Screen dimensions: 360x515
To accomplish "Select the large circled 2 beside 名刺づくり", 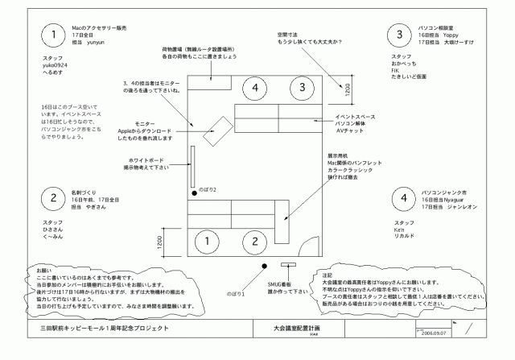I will (x=52, y=199).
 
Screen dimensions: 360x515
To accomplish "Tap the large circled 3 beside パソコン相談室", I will (x=399, y=34).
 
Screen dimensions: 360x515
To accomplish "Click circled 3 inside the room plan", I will (x=298, y=86).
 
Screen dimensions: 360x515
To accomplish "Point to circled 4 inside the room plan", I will (x=255, y=86).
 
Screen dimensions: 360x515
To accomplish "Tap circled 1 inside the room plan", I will (x=208, y=241).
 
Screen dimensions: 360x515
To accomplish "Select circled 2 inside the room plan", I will (x=254, y=241).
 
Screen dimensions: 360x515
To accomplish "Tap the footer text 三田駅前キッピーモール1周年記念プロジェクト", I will (x=104, y=329).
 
